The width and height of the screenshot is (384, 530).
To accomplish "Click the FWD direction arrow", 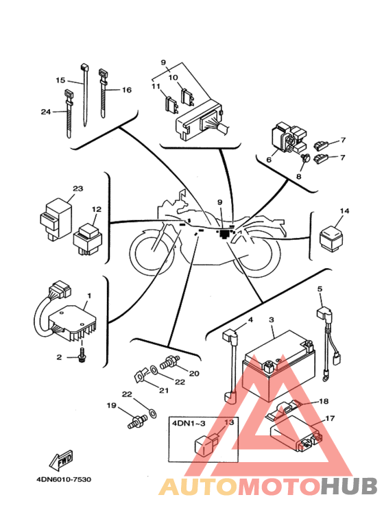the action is tap(61, 460).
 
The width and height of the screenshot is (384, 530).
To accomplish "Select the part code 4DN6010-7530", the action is tap(64, 479).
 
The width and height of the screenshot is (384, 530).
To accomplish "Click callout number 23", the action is tap(77, 189).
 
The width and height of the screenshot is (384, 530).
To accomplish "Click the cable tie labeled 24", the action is tap(69, 113).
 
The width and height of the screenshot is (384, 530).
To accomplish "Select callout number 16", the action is tap(127, 90).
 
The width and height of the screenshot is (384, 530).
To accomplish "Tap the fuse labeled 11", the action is tap(171, 104).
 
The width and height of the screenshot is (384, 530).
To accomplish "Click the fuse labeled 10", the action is tap(188, 97).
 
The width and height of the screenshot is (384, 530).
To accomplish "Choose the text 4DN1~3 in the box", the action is tap(189, 423).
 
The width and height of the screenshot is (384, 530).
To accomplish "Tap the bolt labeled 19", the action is tap(137, 422).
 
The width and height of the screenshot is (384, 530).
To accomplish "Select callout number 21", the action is tap(164, 390).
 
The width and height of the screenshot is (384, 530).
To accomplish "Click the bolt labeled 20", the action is tap(169, 362).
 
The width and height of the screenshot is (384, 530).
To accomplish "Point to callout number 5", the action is tap(320, 289).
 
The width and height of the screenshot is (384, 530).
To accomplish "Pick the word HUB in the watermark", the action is tap(348, 486).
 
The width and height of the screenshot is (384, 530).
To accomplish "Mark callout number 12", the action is tap(97, 209).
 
